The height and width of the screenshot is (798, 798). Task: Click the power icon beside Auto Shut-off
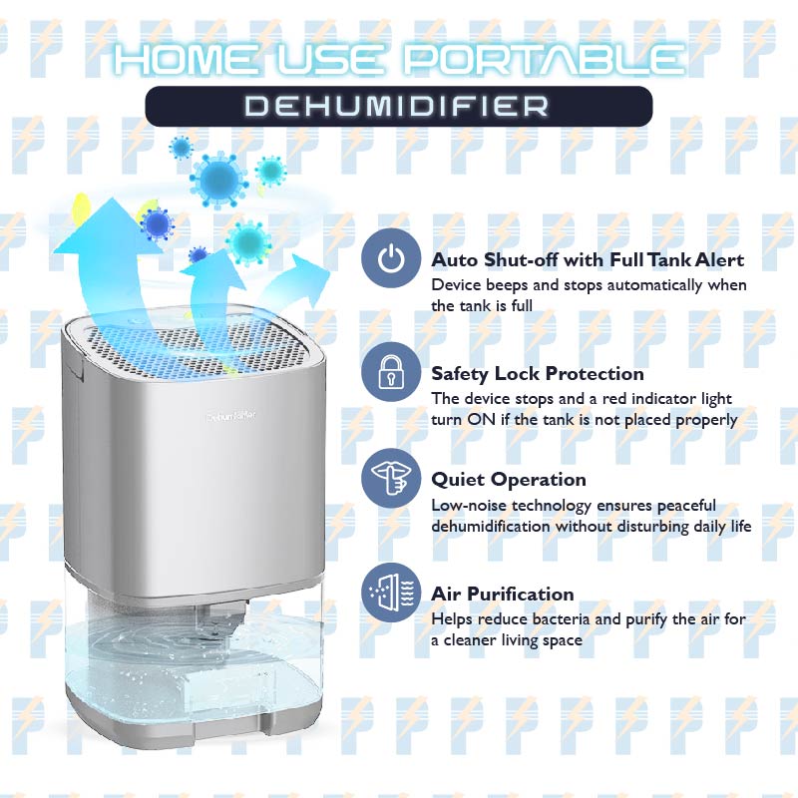coord(391,258)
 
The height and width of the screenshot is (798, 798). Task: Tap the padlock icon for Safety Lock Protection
coord(391,372)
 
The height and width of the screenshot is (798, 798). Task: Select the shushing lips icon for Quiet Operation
coord(391,479)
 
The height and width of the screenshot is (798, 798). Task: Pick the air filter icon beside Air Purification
coord(391,593)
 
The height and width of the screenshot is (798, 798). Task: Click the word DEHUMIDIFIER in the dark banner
coord(397,107)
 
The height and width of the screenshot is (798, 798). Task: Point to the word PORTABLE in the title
coord(544,59)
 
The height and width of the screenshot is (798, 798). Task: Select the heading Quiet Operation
coord(509,480)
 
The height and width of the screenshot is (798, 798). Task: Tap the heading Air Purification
coord(503,594)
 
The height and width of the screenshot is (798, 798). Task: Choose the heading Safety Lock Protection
coord(538,373)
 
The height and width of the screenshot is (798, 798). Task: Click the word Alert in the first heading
coord(719,259)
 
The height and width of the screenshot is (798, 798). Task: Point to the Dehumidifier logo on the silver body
coord(231,416)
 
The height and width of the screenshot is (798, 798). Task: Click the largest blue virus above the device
coord(219,181)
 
